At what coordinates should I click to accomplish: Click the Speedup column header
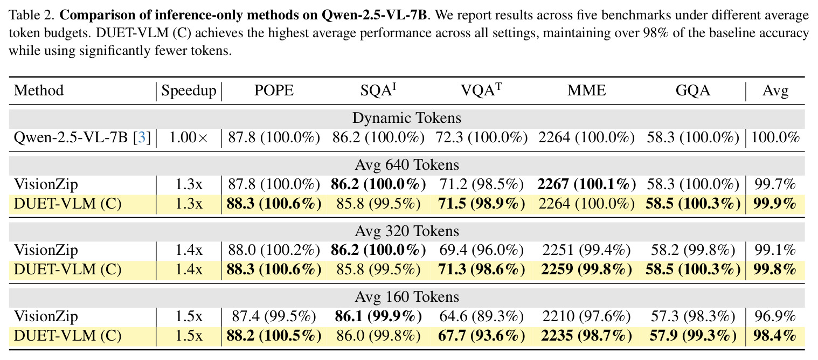pyautogui.click(x=189, y=91)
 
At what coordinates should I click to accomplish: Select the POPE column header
pyautogui.click(x=274, y=90)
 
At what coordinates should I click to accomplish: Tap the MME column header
pyautogui.click(x=586, y=90)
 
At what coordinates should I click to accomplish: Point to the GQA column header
pyautogui.click(x=693, y=90)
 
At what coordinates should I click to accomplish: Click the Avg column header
pyautogui.click(x=775, y=91)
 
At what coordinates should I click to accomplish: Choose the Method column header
pyautogui.click(x=39, y=90)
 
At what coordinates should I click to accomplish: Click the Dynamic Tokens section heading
pyautogui.click(x=407, y=118)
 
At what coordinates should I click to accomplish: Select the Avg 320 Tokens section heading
pyautogui.click(x=407, y=231)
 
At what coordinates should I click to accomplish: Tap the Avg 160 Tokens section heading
pyautogui.click(x=407, y=297)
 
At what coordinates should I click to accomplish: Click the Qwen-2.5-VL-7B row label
pyautogui.click(x=71, y=137)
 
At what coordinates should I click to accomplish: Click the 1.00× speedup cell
pyautogui.click(x=189, y=137)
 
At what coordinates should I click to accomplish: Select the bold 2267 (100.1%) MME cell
pyautogui.click(x=586, y=184)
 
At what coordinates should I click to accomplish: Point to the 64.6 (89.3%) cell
pyautogui.click(x=481, y=316)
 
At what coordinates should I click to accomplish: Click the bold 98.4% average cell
pyautogui.click(x=775, y=336)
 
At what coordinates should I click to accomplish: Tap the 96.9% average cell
pyautogui.click(x=775, y=316)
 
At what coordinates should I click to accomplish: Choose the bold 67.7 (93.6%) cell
pyautogui.click(x=481, y=336)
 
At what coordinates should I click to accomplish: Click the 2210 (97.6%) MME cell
pyautogui.click(x=586, y=316)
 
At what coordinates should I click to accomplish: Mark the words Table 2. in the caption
pyautogui.click(x=32, y=15)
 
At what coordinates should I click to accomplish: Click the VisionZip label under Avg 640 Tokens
pyautogui.click(x=46, y=184)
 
